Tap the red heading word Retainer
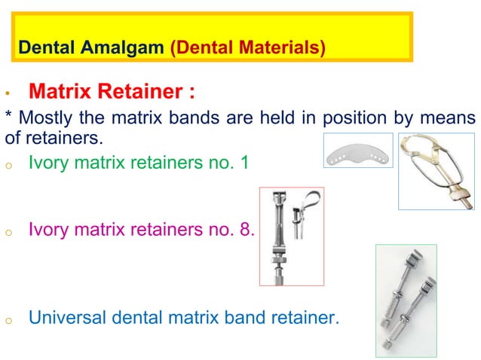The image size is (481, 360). click(151, 93)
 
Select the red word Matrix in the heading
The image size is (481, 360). click(64, 93)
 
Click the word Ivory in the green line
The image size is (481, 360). click(47, 161)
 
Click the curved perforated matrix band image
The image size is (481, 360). click(358, 151)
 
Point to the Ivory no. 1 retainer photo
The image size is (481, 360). click(437, 170)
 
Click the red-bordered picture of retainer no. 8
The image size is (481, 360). click(291, 236)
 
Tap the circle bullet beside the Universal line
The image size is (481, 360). click(7, 321)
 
